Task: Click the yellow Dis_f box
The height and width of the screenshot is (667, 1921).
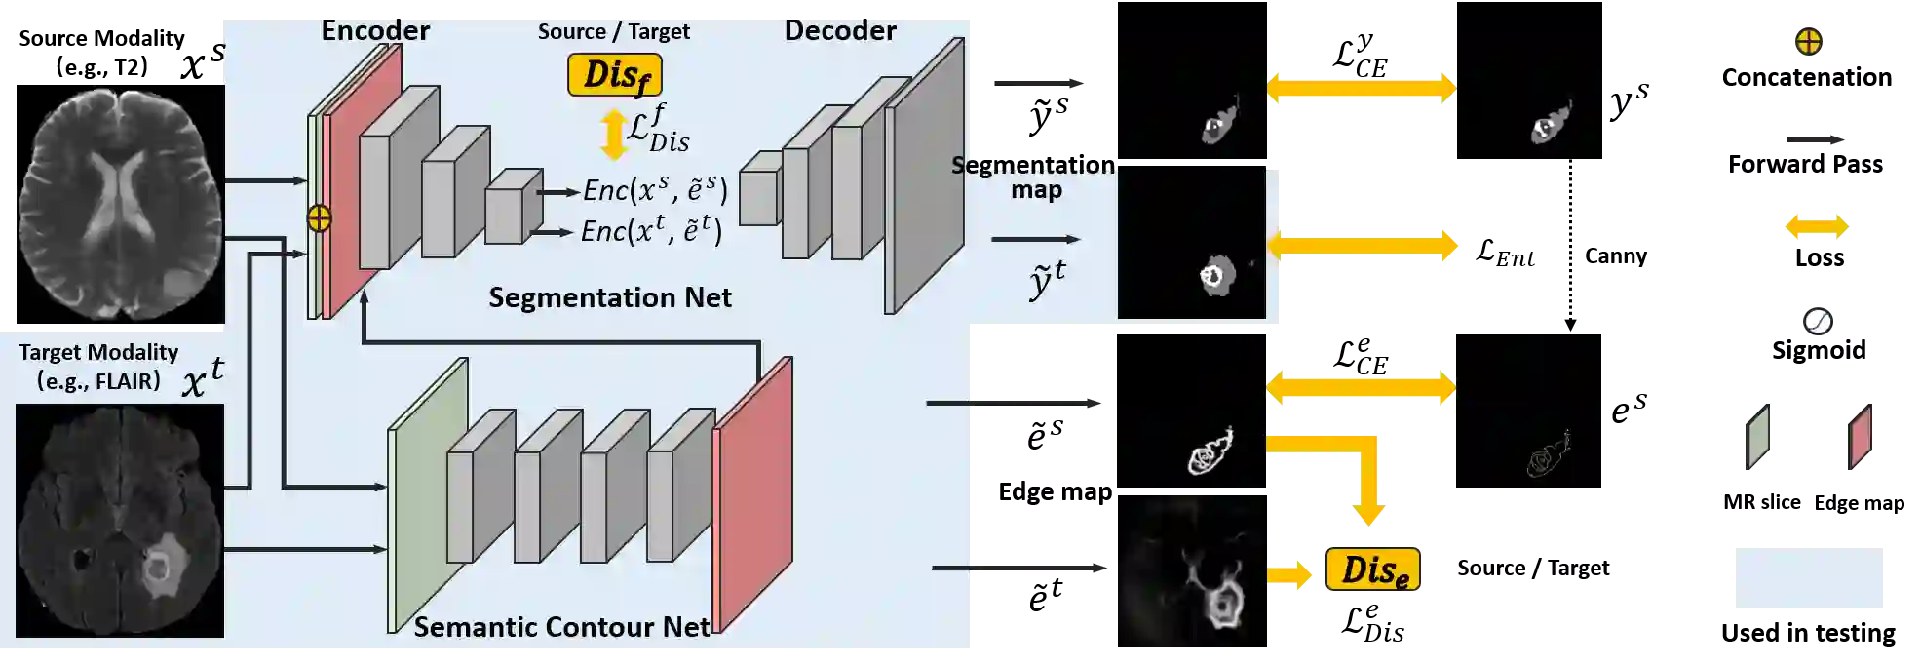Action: coord(615,75)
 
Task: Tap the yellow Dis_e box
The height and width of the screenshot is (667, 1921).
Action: coord(1373,570)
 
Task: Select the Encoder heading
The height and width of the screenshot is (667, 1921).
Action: coord(375,30)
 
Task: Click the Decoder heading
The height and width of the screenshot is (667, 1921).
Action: coord(840,30)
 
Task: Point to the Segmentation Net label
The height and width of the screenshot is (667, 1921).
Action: coord(609,297)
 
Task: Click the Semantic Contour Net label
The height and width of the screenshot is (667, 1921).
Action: coord(561,627)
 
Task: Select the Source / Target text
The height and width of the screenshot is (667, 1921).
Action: coord(613,31)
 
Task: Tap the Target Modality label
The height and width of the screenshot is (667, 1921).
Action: coord(98,352)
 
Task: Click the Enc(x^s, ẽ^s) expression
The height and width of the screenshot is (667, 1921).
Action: coord(655,190)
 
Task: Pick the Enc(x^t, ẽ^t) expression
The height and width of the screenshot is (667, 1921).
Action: coord(651,231)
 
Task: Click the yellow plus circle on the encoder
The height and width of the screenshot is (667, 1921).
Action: coord(319,218)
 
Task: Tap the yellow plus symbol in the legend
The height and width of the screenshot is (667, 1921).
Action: coord(1808,42)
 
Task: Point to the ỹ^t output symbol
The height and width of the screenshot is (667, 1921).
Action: coord(1047,281)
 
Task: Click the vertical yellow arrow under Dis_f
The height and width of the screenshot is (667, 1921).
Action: coord(613,135)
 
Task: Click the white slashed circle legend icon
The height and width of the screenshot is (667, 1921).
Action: coord(1817,321)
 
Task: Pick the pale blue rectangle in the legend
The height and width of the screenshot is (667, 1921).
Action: coord(1808,577)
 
